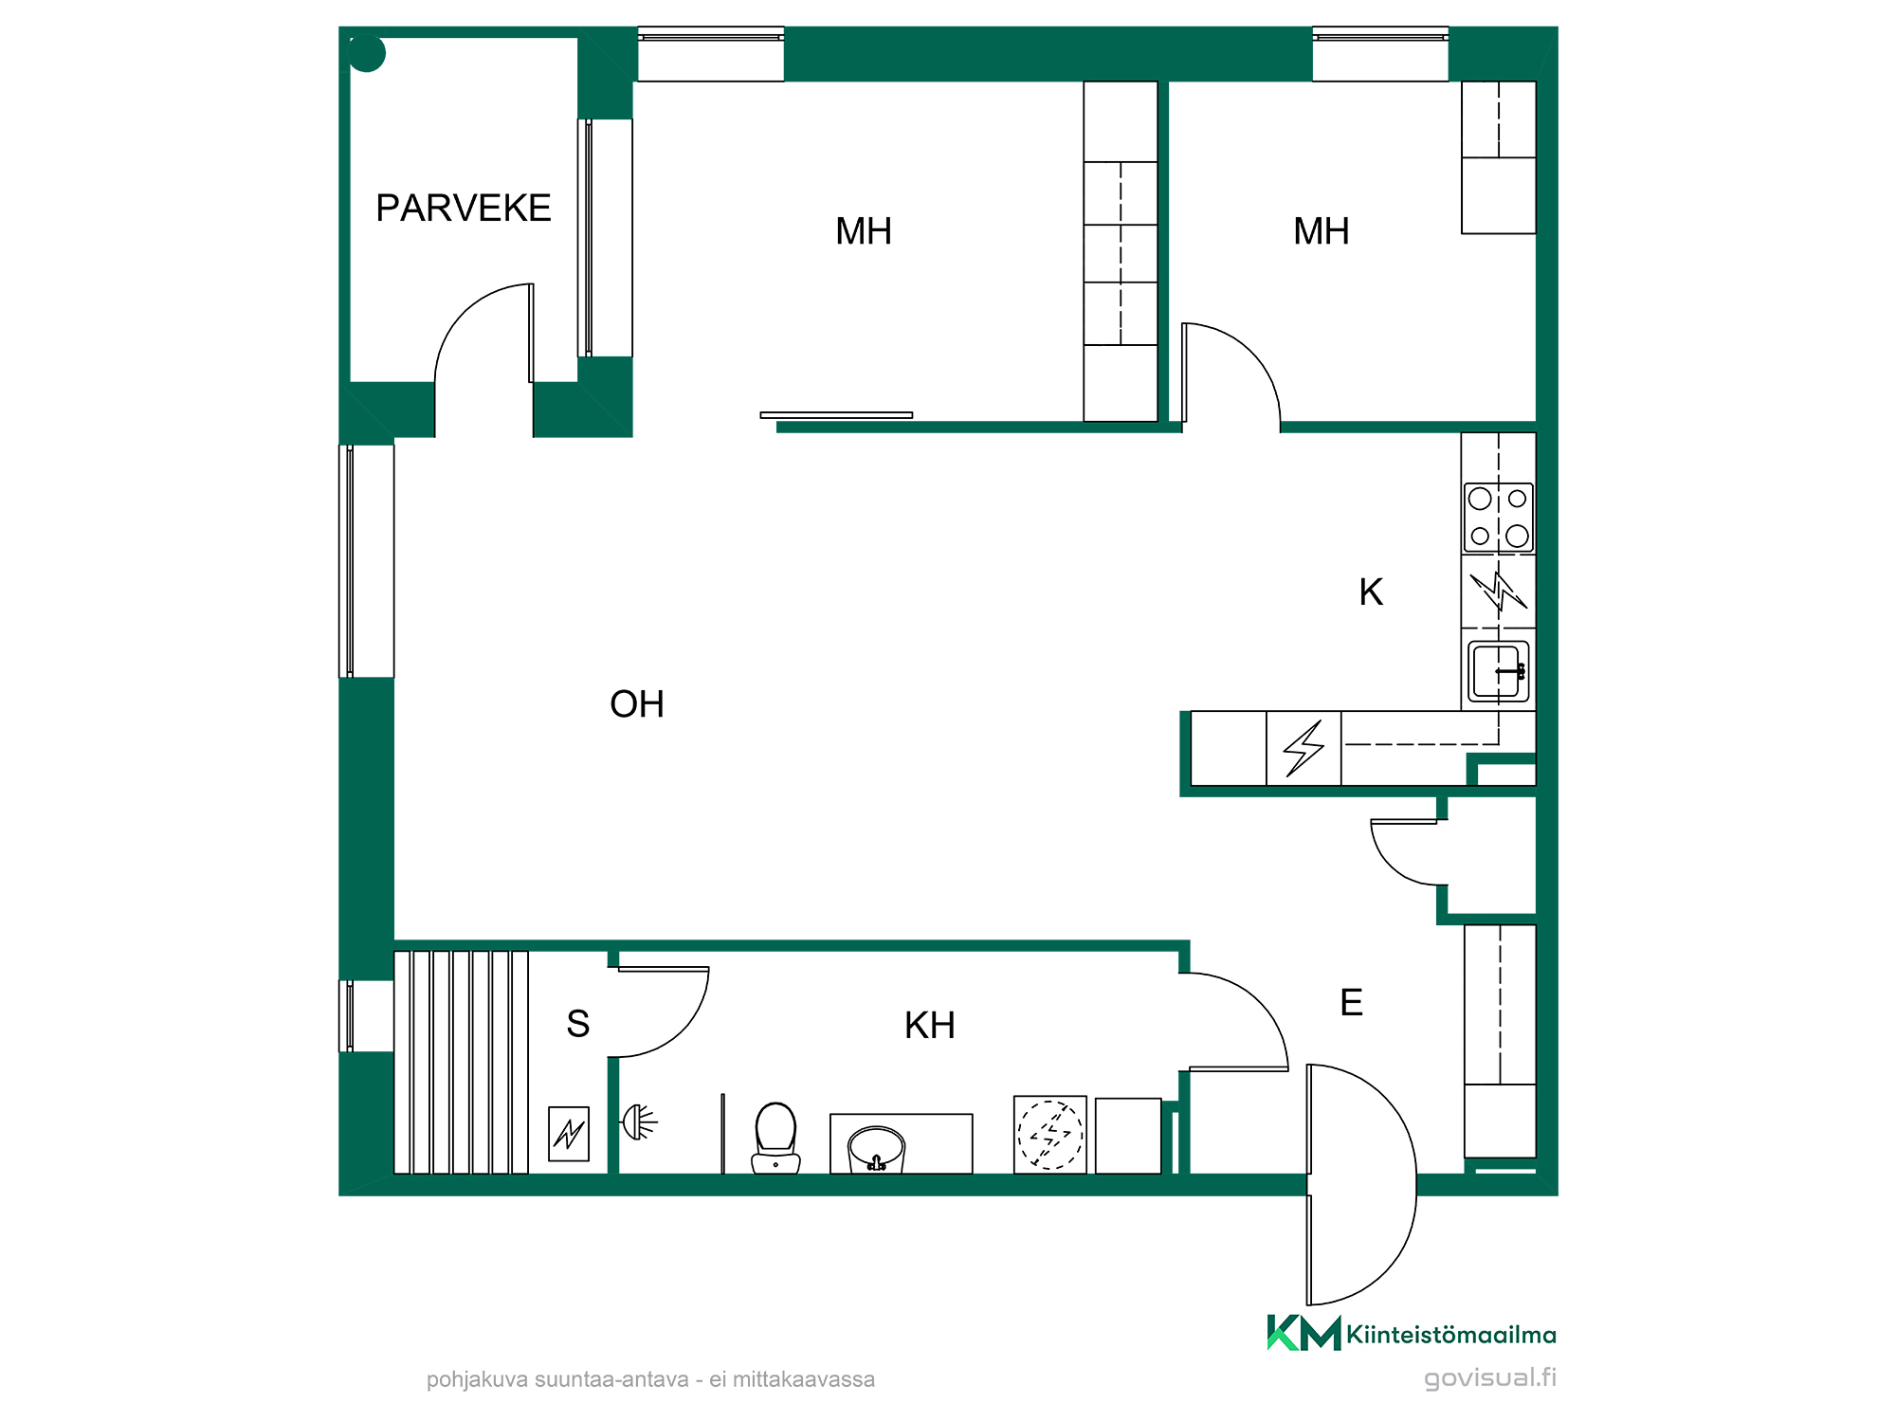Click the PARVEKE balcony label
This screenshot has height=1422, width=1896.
(x=464, y=209)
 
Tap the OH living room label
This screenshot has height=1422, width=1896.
(x=637, y=704)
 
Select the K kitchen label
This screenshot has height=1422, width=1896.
(x=1371, y=592)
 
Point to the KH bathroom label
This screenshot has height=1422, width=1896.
(x=930, y=1026)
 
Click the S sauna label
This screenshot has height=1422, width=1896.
(x=578, y=1024)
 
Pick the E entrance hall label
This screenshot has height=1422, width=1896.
(x=1352, y=1003)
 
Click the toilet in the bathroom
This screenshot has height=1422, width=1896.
(x=776, y=1138)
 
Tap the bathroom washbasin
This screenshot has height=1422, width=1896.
(x=877, y=1149)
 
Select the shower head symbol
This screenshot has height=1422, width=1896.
(x=639, y=1123)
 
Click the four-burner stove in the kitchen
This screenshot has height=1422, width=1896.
(x=1499, y=518)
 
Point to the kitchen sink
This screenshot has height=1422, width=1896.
(x=1499, y=671)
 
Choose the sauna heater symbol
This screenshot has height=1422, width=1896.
(x=569, y=1134)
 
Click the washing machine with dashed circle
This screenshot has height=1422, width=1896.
(x=1050, y=1135)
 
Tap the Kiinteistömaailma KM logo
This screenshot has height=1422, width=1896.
(x=1412, y=1333)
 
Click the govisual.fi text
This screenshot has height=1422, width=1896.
(x=1490, y=1377)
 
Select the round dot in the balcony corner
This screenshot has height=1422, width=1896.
(x=367, y=53)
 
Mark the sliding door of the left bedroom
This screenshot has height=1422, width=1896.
(x=836, y=415)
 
